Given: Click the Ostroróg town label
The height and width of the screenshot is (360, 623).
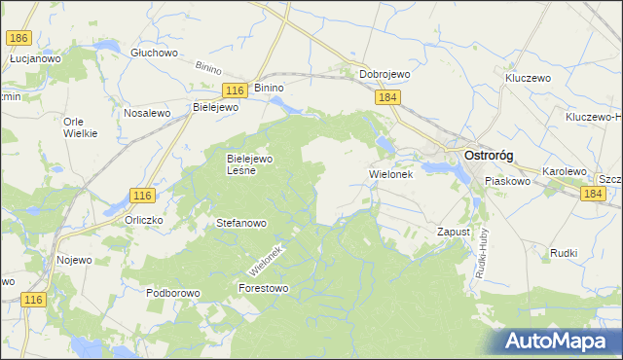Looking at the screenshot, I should (490, 156).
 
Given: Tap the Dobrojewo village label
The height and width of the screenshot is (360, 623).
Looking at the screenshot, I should (385, 74).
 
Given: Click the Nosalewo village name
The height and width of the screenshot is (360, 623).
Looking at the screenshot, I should (147, 113).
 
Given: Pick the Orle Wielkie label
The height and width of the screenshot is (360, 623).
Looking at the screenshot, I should (80, 127).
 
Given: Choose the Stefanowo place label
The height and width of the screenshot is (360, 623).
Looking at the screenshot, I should (240, 223).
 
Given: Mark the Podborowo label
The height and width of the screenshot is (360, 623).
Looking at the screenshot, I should (172, 292).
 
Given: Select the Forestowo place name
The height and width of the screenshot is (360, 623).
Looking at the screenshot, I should (264, 288).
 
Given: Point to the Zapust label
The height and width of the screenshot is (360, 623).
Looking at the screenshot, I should (454, 233).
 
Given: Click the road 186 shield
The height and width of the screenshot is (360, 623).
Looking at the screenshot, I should (18, 37).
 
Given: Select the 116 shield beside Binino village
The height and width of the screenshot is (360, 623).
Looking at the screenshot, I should (232, 90).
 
